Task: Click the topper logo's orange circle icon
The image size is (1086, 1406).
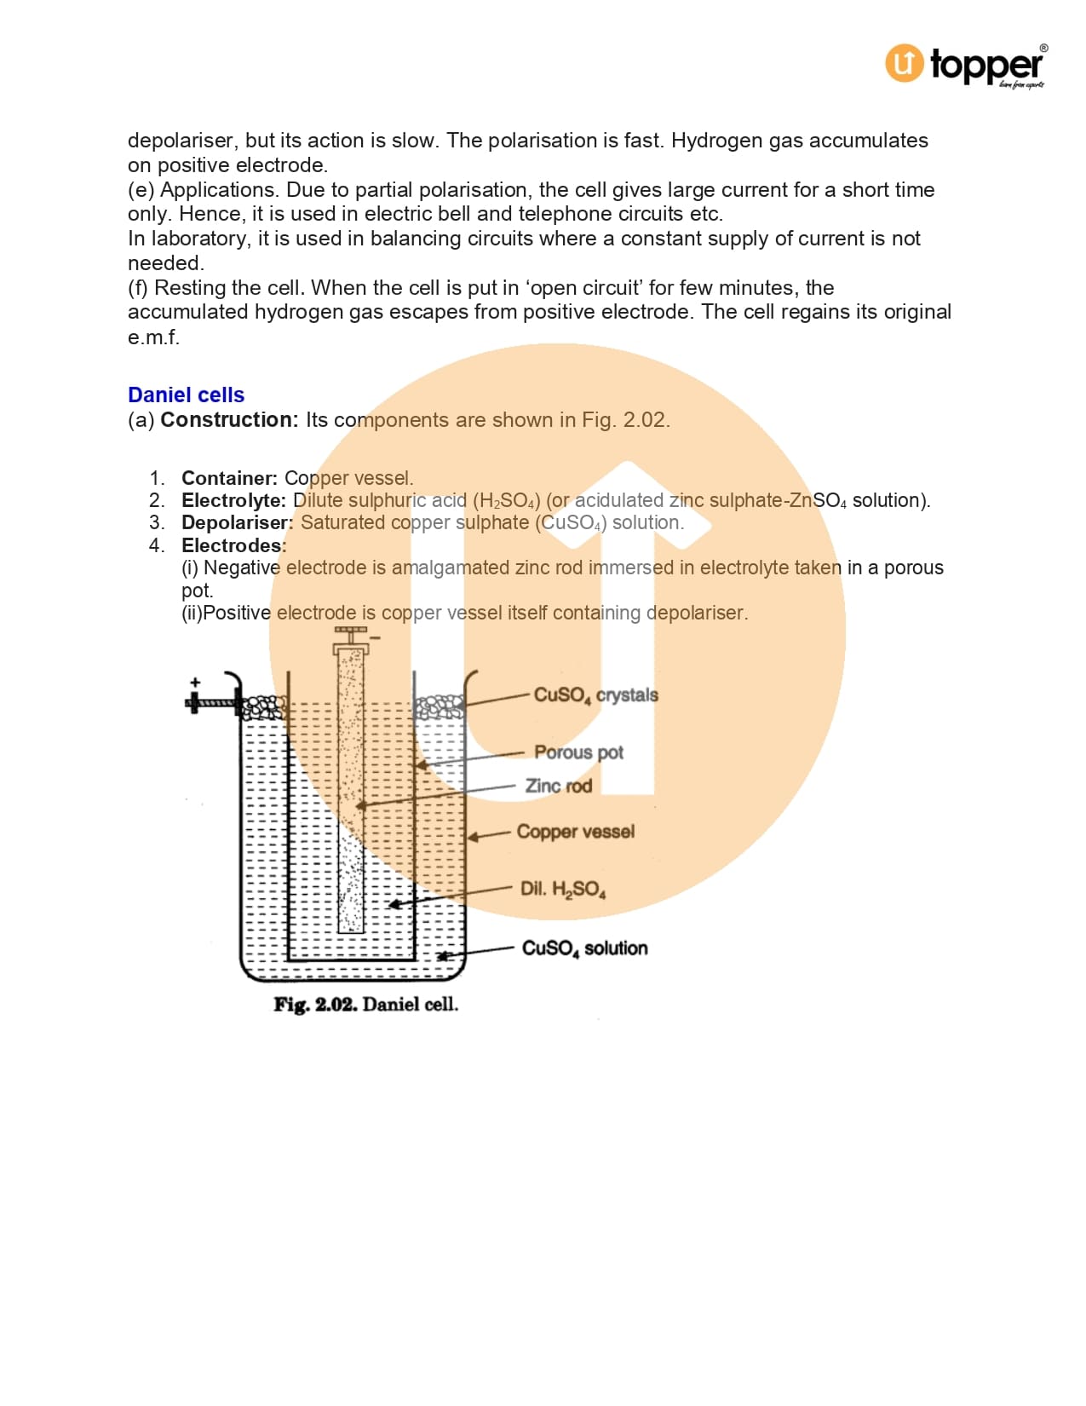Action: [x=904, y=63]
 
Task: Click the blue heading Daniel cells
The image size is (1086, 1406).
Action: [x=186, y=395]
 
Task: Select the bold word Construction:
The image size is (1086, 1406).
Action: [x=229, y=420]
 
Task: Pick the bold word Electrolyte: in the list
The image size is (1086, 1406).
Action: [x=233, y=500]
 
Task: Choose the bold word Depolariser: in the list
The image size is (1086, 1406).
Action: [x=237, y=522]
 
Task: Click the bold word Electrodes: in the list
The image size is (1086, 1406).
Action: [x=233, y=545]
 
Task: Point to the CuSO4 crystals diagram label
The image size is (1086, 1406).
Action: [x=595, y=695]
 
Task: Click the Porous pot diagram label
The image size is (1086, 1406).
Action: [x=578, y=752]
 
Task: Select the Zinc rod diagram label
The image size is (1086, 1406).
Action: [x=558, y=786]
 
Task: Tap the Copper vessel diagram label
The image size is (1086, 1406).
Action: [x=575, y=832]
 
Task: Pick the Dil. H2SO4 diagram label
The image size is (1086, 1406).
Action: [x=563, y=890]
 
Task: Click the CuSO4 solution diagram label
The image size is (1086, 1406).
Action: [x=584, y=948]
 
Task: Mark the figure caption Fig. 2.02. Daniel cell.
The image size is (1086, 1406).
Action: [x=365, y=1005]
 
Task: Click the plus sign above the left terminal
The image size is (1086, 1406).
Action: [x=195, y=683]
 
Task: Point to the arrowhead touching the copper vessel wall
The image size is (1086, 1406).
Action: [x=472, y=838]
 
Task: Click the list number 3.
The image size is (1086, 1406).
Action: [x=157, y=522]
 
